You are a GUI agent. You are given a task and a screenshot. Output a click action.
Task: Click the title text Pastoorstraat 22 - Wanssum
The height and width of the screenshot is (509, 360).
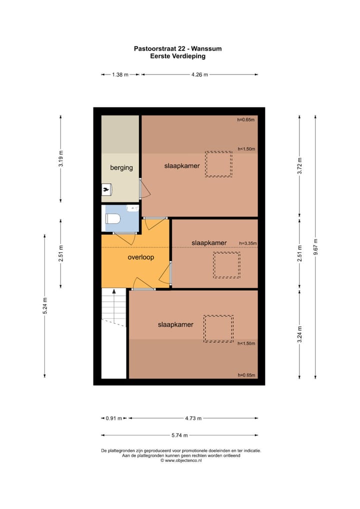tap(177, 49)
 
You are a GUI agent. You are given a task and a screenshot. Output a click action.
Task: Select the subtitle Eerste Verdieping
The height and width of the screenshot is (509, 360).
tap(177, 56)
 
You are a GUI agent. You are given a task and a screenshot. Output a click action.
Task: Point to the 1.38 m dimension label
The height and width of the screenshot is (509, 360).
tap(120, 74)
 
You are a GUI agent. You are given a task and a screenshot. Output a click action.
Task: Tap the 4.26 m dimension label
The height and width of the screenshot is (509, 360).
tap(199, 74)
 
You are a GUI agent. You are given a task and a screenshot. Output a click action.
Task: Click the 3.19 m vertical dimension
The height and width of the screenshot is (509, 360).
tap(61, 158)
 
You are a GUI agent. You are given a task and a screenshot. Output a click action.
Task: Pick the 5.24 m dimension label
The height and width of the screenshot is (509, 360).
tap(45, 305)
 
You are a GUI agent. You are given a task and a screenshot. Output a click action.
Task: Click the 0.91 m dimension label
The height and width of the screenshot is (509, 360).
tap(114, 418)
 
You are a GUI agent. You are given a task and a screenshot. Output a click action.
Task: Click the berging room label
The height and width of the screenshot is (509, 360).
tap(121, 167)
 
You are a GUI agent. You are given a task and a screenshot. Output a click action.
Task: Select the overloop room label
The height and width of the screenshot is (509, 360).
tap(140, 257)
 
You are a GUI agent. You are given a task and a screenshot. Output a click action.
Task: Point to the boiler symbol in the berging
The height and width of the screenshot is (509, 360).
tap(106, 189)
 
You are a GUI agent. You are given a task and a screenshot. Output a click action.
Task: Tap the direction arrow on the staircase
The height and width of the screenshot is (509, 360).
tap(114, 291)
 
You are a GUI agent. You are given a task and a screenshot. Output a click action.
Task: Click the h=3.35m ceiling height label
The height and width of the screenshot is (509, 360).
tap(247, 243)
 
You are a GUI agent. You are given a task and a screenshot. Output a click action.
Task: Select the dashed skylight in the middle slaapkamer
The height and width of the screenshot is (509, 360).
tap(226, 265)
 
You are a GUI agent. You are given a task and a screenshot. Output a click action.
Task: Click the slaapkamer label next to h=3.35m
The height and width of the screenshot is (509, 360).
tap(209, 243)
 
